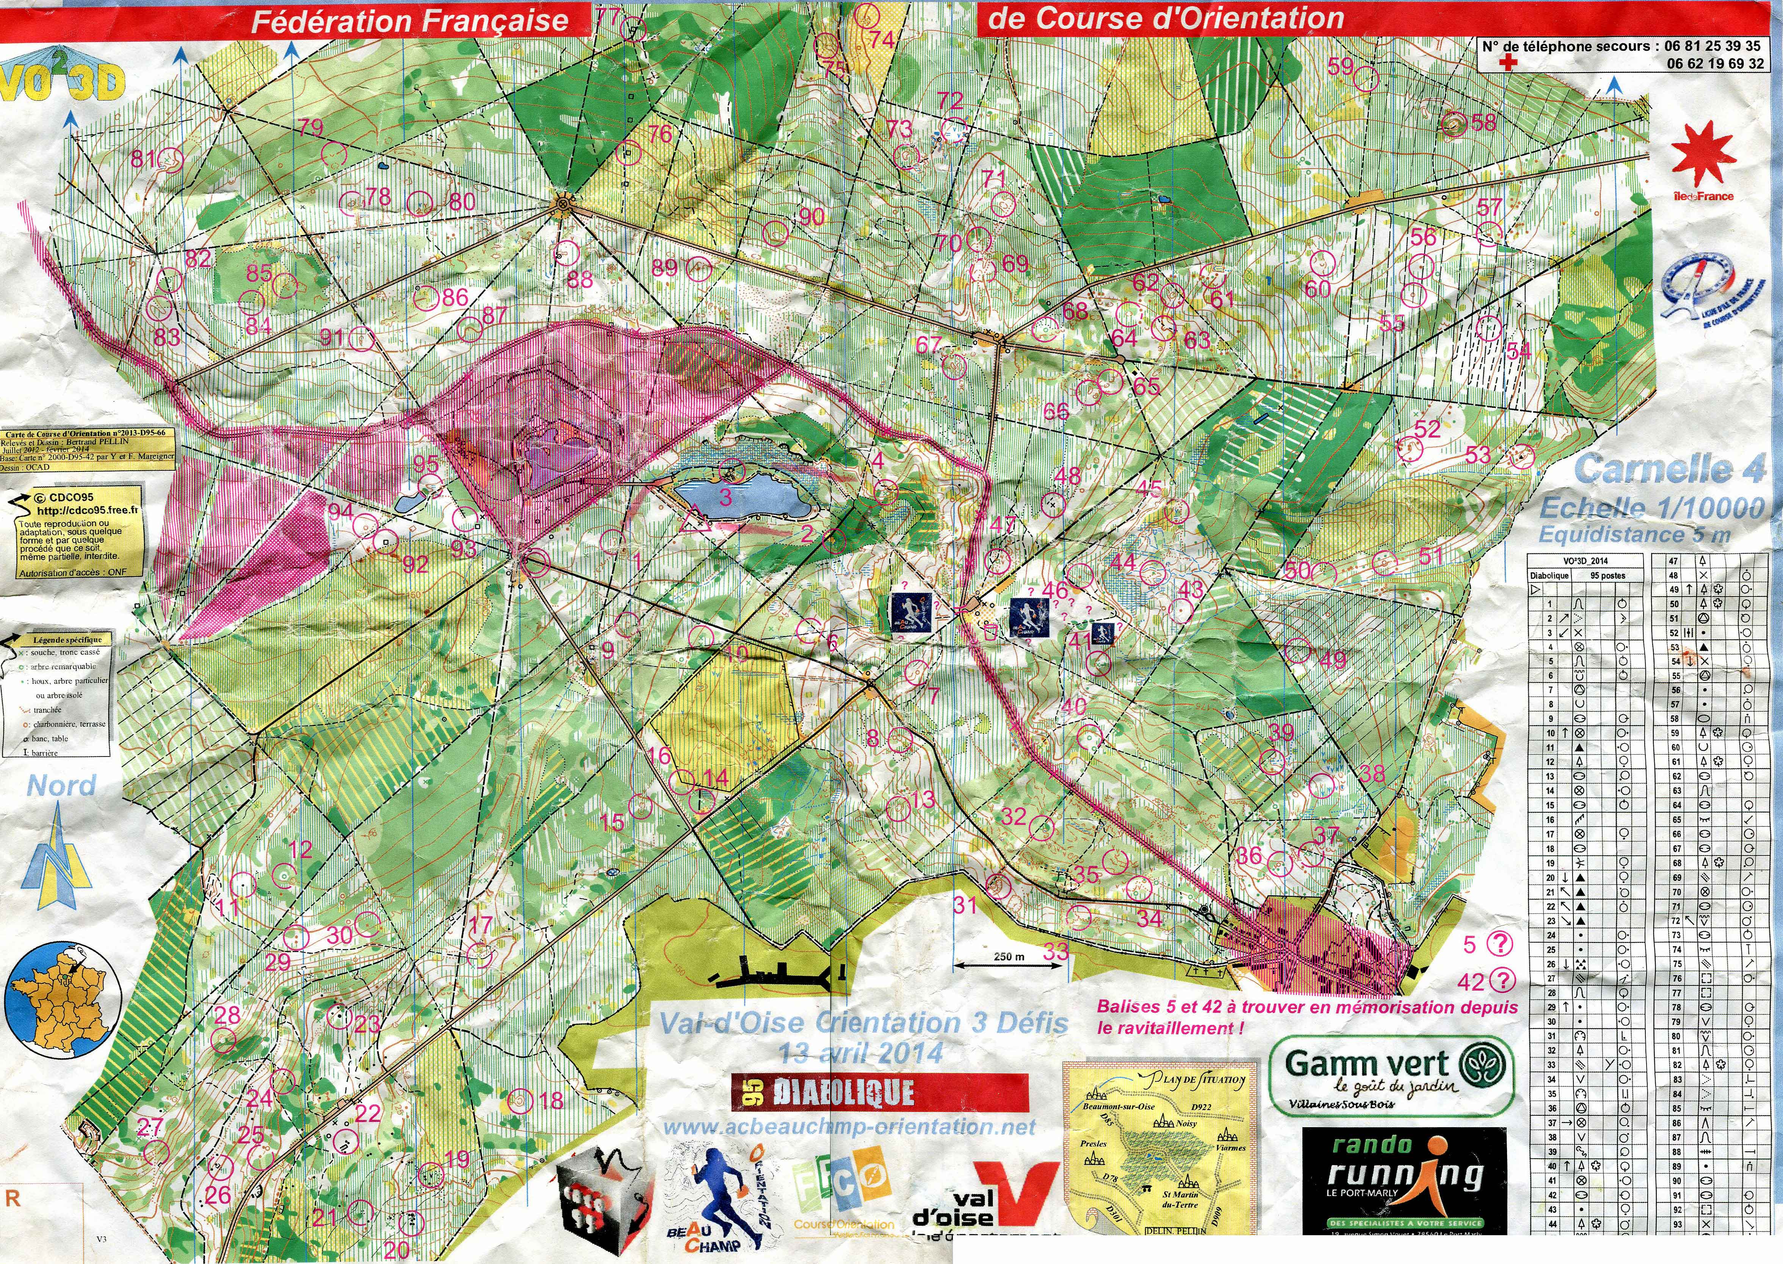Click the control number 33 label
tap(1055, 950)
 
